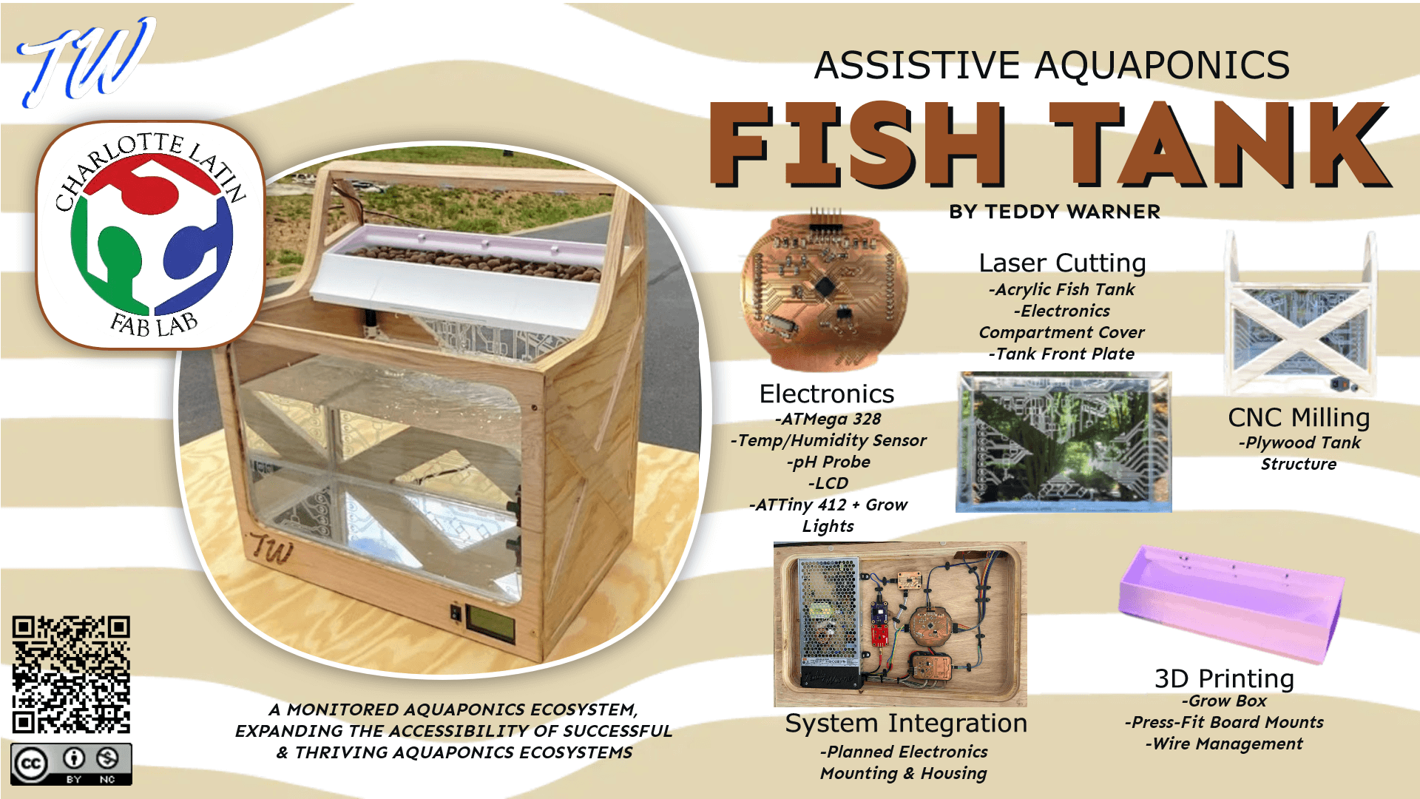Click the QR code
click(71, 674)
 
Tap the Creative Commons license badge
click(71, 763)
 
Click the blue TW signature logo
click(87, 61)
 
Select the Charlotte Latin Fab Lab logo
click(151, 234)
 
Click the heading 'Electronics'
click(827, 394)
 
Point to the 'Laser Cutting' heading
click(1062, 263)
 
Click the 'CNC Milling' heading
click(1299, 417)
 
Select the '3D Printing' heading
click(1224, 678)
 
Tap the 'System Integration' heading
click(906, 723)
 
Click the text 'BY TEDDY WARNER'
click(1055, 212)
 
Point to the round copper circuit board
click(825, 291)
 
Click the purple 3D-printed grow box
click(1231, 604)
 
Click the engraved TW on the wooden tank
click(271, 549)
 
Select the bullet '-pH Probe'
click(828, 462)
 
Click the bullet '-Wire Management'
click(1224, 744)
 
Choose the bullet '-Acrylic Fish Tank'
click(1061, 289)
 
